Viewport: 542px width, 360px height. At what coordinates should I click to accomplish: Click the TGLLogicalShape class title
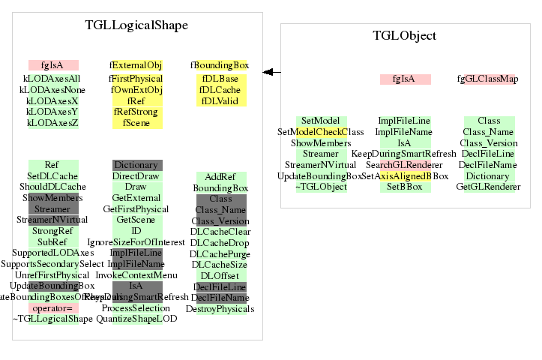pos(136,25)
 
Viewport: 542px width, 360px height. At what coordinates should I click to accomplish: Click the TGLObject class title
pos(405,36)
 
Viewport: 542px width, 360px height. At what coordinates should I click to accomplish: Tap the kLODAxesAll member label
pos(52,78)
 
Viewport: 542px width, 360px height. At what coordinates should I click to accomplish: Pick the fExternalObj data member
pos(136,65)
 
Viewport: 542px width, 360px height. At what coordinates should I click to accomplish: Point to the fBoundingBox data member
pos(220,65)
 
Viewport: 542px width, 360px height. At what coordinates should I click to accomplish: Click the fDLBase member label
pos(220,79)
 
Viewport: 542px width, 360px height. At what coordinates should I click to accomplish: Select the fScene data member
pos(136,123)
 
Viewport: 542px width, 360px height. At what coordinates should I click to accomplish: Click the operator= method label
pos(52,308)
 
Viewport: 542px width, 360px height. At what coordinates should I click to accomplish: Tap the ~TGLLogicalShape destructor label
pos(52,319)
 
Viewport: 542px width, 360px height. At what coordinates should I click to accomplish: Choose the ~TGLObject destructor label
pos(320,186)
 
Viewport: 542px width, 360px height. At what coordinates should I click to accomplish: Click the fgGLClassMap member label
pos(488,79)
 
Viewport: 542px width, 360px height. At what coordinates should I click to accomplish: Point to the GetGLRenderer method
pos(488,186)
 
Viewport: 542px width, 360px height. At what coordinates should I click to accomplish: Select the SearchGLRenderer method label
pos(405,164)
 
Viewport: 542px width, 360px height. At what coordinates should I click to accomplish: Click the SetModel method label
pos(320,121)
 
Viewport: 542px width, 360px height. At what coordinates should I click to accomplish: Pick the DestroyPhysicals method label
pos(220,308)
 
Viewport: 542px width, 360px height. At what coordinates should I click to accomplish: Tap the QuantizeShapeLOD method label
pos(136,319)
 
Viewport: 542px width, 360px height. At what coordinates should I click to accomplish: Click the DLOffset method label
pos(220,275)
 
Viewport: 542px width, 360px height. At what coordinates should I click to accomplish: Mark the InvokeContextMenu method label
pos(136,275)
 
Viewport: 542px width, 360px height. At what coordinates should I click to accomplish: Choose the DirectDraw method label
pos(136,175)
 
